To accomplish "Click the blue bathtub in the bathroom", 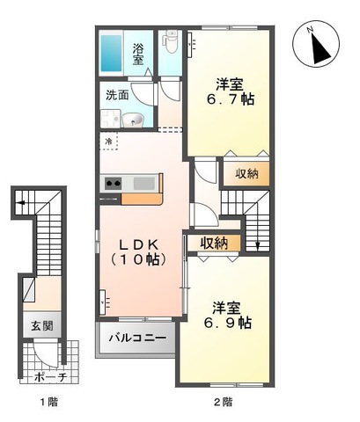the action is click(111, 54).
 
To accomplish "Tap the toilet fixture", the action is click(170, 41).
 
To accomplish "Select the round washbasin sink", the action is click(133, 120).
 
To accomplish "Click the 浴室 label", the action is click(138, 55).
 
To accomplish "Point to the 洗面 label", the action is click(117, 95).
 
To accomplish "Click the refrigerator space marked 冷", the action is click(108, 142).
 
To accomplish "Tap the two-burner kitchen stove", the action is click(114, 184).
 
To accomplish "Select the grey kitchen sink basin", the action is click(144, 184).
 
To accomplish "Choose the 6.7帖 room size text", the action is click(231, 100).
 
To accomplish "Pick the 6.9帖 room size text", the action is click(228, 324).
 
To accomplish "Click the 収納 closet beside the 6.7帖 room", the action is click(246, 174).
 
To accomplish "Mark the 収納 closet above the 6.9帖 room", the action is click(214, 243).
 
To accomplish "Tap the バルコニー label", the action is click(137, 338).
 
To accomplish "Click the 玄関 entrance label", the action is click(42, 325).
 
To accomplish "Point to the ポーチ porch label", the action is click(51, 376).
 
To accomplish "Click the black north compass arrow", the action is click(319, 48).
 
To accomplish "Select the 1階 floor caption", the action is click(48, 402).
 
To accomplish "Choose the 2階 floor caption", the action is click(223, 402).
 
